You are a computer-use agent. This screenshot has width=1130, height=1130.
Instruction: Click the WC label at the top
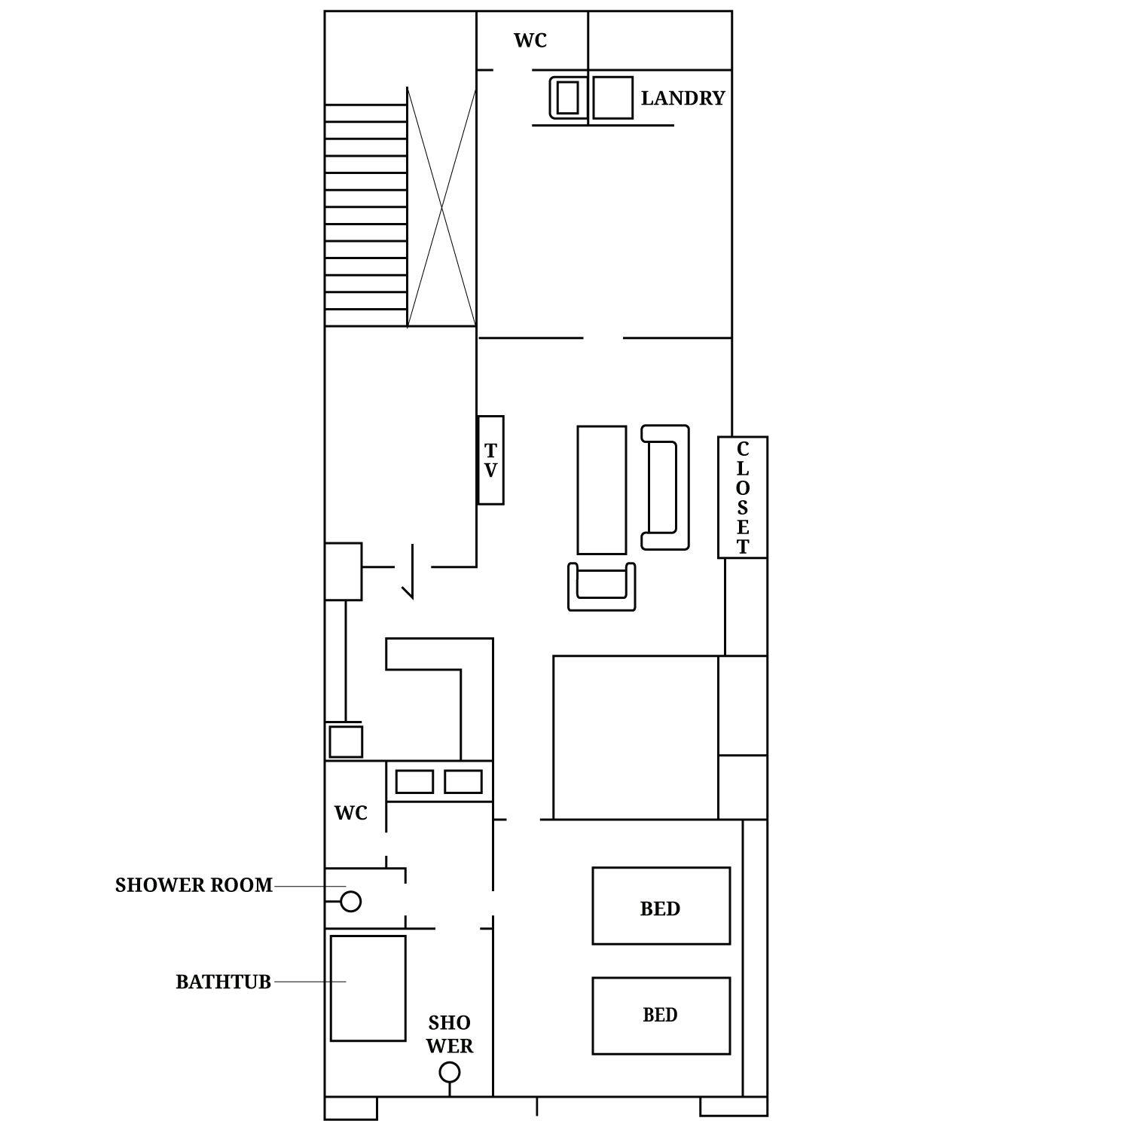point(530,41)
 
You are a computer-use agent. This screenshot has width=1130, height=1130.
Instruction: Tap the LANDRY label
point(683,98)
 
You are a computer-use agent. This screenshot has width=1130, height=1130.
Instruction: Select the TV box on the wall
point(490,460)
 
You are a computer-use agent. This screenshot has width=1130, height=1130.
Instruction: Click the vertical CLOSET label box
point(743,497)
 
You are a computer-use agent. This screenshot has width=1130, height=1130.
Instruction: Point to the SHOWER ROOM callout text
point(194,885)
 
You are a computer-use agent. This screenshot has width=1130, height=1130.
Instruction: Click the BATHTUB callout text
point(223,982)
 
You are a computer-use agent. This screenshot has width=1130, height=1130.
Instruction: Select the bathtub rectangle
point(368,988)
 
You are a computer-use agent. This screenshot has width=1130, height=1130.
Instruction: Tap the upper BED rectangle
point(661,906)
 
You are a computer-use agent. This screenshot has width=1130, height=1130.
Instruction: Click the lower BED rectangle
point(661,1015)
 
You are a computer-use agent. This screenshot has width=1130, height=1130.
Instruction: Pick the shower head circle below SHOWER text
point(450,1071)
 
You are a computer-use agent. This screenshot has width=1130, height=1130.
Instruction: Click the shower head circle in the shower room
point(351,901)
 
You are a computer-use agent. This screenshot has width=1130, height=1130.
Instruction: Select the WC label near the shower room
point(351,813)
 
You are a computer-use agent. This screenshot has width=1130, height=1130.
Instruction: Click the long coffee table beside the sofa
point(602,490)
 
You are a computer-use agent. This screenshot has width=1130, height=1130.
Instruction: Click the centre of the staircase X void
point(441,207)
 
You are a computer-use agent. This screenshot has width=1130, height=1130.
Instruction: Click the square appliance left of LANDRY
point(612,97)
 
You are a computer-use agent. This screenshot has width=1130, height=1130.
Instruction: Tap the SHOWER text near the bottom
point(450,1034)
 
